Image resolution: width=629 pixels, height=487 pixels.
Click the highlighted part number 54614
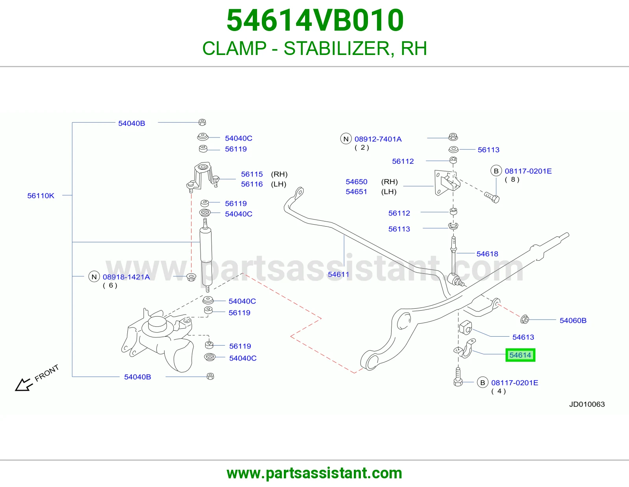coord(520,355)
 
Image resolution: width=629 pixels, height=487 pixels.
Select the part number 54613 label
coord(523,337)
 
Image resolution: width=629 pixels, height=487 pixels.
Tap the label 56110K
coord(40,196)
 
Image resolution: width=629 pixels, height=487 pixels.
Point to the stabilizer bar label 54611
coord(338,274)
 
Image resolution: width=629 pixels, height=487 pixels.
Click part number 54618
coord(487,254)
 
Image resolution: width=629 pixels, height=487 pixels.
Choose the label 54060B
coord(573,320)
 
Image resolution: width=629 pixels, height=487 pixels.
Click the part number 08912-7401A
coord(378,139)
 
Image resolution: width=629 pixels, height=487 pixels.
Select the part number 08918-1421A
coord(126,277)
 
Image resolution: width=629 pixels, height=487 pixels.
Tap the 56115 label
coord(252,174)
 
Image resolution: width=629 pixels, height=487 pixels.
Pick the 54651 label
coord(356,191)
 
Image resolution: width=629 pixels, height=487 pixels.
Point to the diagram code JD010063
coord(587,404)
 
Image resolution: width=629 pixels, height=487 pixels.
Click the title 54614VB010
coord(315,20)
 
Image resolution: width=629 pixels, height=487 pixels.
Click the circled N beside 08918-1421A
coord(94,277)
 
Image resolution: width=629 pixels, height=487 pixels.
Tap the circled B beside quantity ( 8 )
coord(496,171)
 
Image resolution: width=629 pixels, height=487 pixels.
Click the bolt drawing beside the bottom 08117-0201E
coord(458,377)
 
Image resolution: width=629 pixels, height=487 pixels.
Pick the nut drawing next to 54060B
coord(524,319)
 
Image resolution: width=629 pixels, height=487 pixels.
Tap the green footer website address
coord(314,473)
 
